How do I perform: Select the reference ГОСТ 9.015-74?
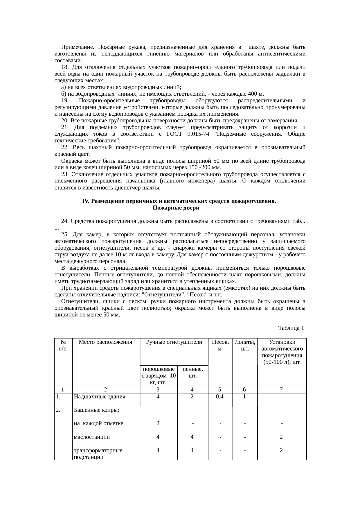point(185,134)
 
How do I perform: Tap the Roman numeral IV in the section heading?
point(85,201)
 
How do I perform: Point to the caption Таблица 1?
point(291,328)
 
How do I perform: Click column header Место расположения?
point(105,342)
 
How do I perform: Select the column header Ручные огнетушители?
point(174,342)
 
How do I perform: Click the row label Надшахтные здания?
point(100,396)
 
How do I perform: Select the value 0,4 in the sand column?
point(220,396)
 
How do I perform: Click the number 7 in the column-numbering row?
point(282,390)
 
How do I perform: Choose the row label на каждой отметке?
point(98,423)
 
